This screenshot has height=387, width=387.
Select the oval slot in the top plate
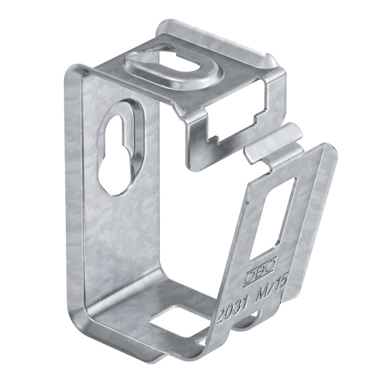[x=173, y=63]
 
